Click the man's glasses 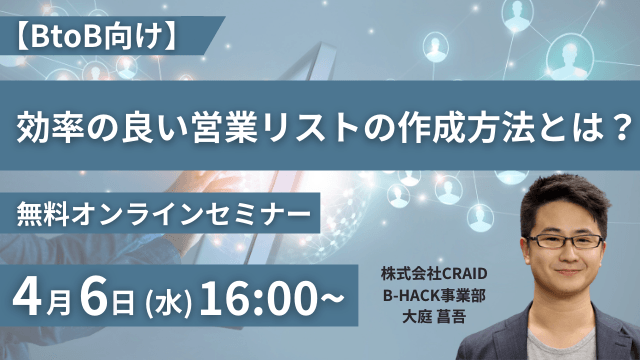[565, 241]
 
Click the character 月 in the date [61, 299]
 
